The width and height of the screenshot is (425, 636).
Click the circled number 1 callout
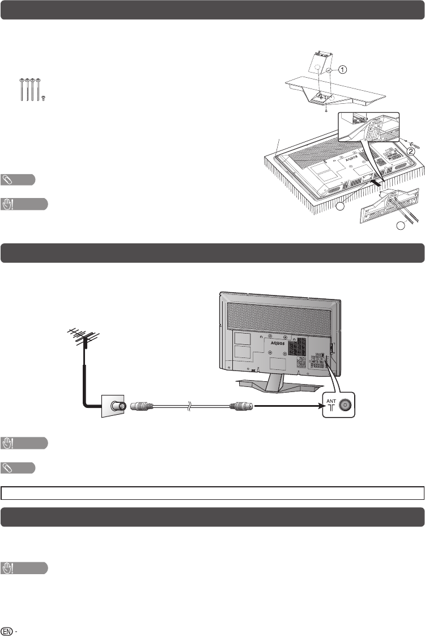click(343, 68)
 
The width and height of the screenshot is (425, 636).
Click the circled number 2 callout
click(412, 151)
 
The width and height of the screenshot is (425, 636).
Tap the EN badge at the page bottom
click(7, 630)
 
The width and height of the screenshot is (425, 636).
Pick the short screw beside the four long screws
click(44, 98)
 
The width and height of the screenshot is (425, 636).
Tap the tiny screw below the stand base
click(326, 111)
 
